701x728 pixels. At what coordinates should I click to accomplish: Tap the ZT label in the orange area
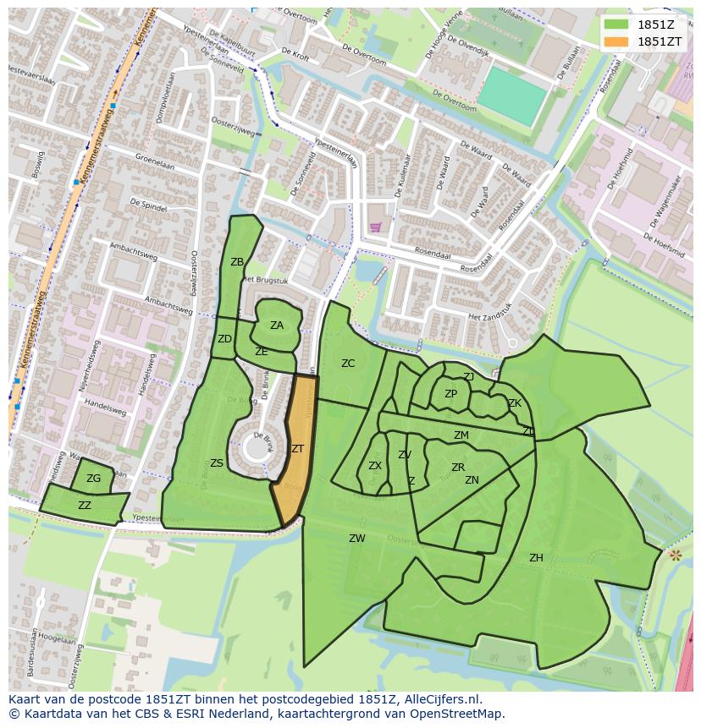point(297,449)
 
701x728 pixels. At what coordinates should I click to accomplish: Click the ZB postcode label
point(237,262)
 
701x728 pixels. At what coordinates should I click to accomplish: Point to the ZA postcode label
point(277,326)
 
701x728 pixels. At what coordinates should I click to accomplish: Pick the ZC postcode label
point(348,364)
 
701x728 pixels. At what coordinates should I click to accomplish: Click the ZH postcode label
point(536,558)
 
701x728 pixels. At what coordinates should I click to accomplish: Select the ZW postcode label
point(357,539)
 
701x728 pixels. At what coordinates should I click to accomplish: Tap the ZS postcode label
point(217,463)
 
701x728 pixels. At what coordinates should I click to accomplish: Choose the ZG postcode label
point(93,479)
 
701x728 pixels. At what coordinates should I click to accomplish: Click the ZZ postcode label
point(85,506)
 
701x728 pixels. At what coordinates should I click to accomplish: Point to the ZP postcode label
point(450,394)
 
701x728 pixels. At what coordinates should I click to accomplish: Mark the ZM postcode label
point(461,435)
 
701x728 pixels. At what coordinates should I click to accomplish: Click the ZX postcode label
point(375,466)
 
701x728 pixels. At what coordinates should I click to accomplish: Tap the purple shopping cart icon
point(375,227)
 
